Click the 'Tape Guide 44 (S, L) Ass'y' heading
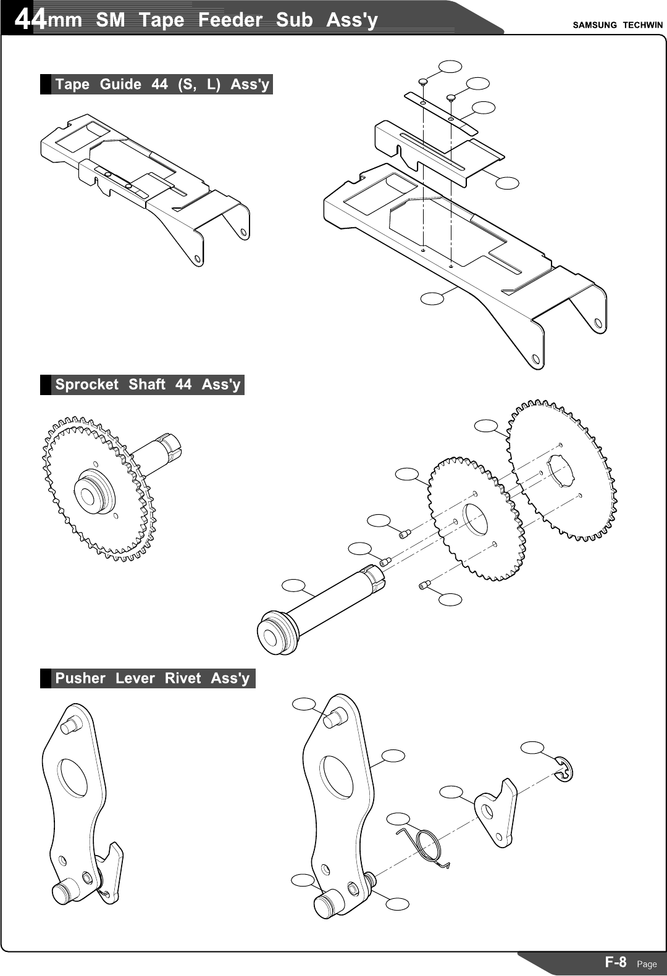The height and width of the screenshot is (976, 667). pos(162,85)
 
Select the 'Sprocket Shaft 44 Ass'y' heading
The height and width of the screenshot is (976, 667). pos(147,385)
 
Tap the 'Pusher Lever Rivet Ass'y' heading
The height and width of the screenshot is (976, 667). pos(152,678)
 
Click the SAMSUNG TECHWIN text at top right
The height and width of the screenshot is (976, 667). pos(617,25)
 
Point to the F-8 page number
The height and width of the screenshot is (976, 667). pos(615,962)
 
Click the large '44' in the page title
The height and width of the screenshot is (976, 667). pos(30,20)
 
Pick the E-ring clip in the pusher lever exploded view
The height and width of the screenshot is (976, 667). pos(564,769)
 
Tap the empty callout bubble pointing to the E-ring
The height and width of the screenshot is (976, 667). pos(532,748)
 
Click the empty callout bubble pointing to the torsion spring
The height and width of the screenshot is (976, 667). pos(398,819)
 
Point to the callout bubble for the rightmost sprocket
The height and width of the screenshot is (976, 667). pos(487,425)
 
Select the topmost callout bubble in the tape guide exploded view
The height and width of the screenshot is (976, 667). pos(450,66)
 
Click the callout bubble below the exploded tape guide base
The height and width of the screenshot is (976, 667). pos(432,298)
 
